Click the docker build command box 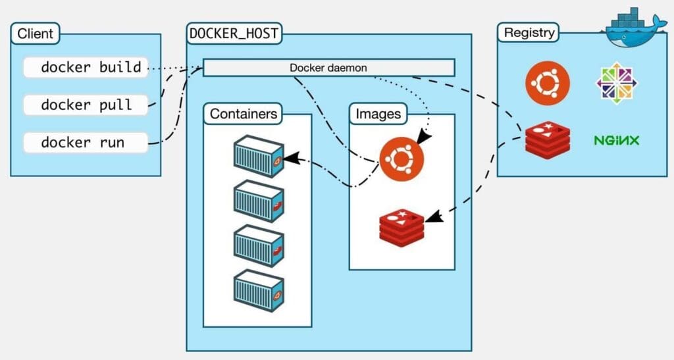(x=85, y=67)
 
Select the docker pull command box (x=85, y=105)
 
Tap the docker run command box (x=85, y=142)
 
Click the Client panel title (x=36, y=34)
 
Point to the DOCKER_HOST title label (x=234, y=34)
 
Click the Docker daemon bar (x=328, y=68)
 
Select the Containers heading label (x=244, y=114)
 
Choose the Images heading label (x=378, y=114)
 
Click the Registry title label (x=529, y=32)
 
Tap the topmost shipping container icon (x=259, y=157)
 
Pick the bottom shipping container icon (x=259, y=291)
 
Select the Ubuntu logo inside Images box (x=402, y=159)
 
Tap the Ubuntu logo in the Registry (x=548, y=84)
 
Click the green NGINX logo (x=617, y=140)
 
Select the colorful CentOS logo (x=617, y=84)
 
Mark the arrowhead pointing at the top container (x=292, y=159)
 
